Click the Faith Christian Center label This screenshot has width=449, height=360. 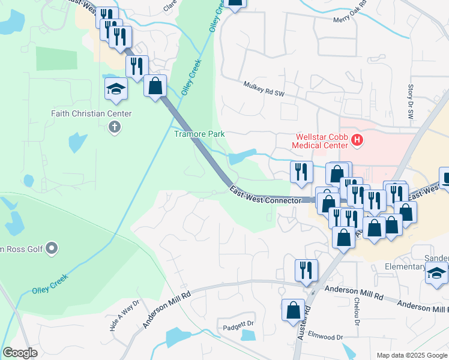pyautogui.click(x=91, y=113)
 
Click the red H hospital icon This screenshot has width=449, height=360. pyautogui.click(x=357, y=141)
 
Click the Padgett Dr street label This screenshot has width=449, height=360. pyautogui.click(x=239, y=324)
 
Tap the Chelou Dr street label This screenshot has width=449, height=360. pyautogui.click(x=357, y=313)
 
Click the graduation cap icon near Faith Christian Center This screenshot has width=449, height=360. pyautogui.click(x=116, y=90)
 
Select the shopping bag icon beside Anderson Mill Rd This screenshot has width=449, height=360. pyautogui.click(x=294, y=311)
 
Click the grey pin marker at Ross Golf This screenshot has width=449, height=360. pyautogui.click(x=52, y=247)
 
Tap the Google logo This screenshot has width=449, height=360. pyautogui.click(x=20, y=353)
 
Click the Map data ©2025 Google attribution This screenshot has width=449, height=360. pyautogui.click(x=412, y=355)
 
